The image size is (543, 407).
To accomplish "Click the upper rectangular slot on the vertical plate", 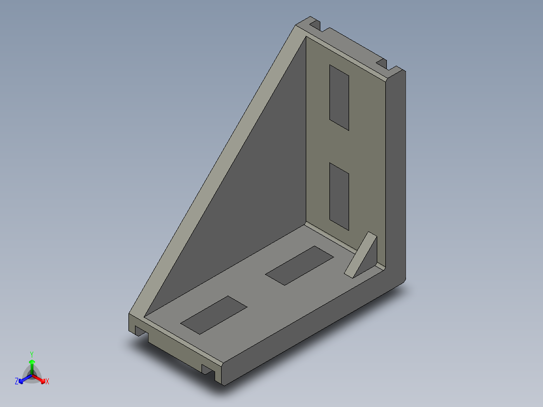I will tap(339, 97).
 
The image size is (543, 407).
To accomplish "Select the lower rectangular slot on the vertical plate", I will tap(339, 196).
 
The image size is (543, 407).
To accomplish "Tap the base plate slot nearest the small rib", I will tap(299, 265).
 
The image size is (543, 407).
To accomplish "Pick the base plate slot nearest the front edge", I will tap(214, 315).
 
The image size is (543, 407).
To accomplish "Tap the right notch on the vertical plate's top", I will tap(382, 63).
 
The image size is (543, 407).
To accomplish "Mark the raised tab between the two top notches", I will tap(350, 42).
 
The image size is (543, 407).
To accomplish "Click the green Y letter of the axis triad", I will tap(32, 354).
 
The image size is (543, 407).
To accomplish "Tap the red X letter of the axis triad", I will tap(47, 382).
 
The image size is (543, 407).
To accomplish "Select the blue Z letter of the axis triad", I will tap(17, 381).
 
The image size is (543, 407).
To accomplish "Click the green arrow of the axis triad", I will tap(32, 365).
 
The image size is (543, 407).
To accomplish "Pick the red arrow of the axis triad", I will tap(40, 378).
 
